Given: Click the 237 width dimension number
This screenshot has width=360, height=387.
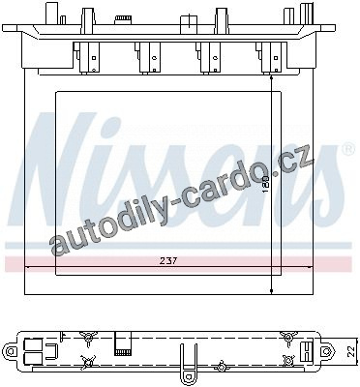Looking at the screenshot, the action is [x=168, y=260].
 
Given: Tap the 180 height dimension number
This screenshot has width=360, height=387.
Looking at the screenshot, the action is [x=266, y=185].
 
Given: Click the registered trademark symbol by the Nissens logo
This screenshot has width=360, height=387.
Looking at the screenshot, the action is [x=346, y=148].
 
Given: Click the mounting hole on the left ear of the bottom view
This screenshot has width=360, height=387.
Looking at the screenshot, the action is [x=12, y=350].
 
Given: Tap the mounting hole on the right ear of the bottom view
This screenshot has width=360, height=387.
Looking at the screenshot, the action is [x=328, y=350].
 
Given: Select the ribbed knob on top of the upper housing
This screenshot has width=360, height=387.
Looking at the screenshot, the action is [x=122, y=18].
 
